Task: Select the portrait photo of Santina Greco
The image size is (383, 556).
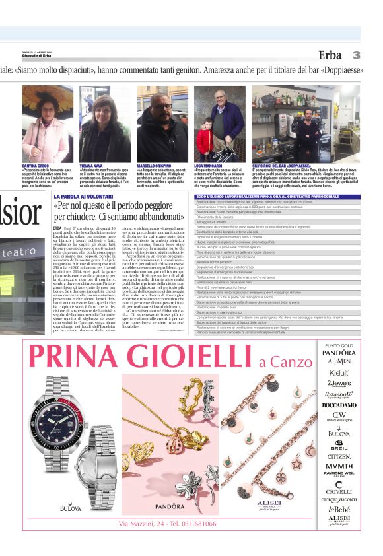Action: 47,123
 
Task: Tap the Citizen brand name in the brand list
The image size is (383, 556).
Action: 339,456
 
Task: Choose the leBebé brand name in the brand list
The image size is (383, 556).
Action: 339,509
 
